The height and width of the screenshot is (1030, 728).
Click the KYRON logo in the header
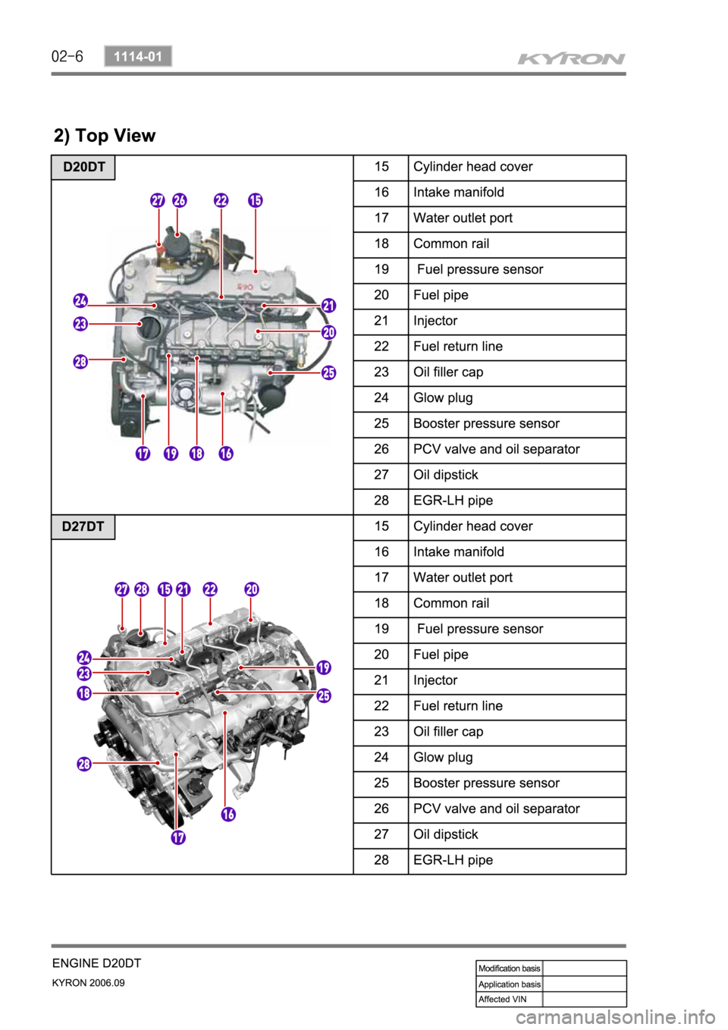click(572, 58)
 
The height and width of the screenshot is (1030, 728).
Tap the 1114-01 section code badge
click(138, 56)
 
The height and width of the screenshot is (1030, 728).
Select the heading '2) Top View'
click(105, 136)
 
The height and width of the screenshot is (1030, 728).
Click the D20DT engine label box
click(83, 167)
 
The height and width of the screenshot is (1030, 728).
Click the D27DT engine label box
click(83, 526)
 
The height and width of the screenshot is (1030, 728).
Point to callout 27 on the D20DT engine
click(157, 200)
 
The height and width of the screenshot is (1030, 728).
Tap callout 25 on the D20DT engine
click(328, 372)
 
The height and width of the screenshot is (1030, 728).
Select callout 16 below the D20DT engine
click(226, 454)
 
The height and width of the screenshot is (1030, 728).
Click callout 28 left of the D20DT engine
click(80, 361)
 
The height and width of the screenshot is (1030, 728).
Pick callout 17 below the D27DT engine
click(177, 837)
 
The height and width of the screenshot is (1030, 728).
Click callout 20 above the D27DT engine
click(252, 589)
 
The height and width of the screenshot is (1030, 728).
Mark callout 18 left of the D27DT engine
click(84, 692)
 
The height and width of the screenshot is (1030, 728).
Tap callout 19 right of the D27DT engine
click(324, 667)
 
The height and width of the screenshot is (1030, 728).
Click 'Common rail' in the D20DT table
click(451, 243)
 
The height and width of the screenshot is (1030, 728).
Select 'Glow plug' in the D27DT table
click(443, 757)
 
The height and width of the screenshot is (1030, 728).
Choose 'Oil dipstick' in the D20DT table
click(446, 475)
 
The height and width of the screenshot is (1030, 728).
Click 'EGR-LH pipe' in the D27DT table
click(453, 860)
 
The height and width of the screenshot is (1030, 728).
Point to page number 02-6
click(67, 56)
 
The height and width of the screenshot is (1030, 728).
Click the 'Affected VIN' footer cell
click(502, 999)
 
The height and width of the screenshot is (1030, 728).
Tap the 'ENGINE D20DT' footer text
click(96, 963)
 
